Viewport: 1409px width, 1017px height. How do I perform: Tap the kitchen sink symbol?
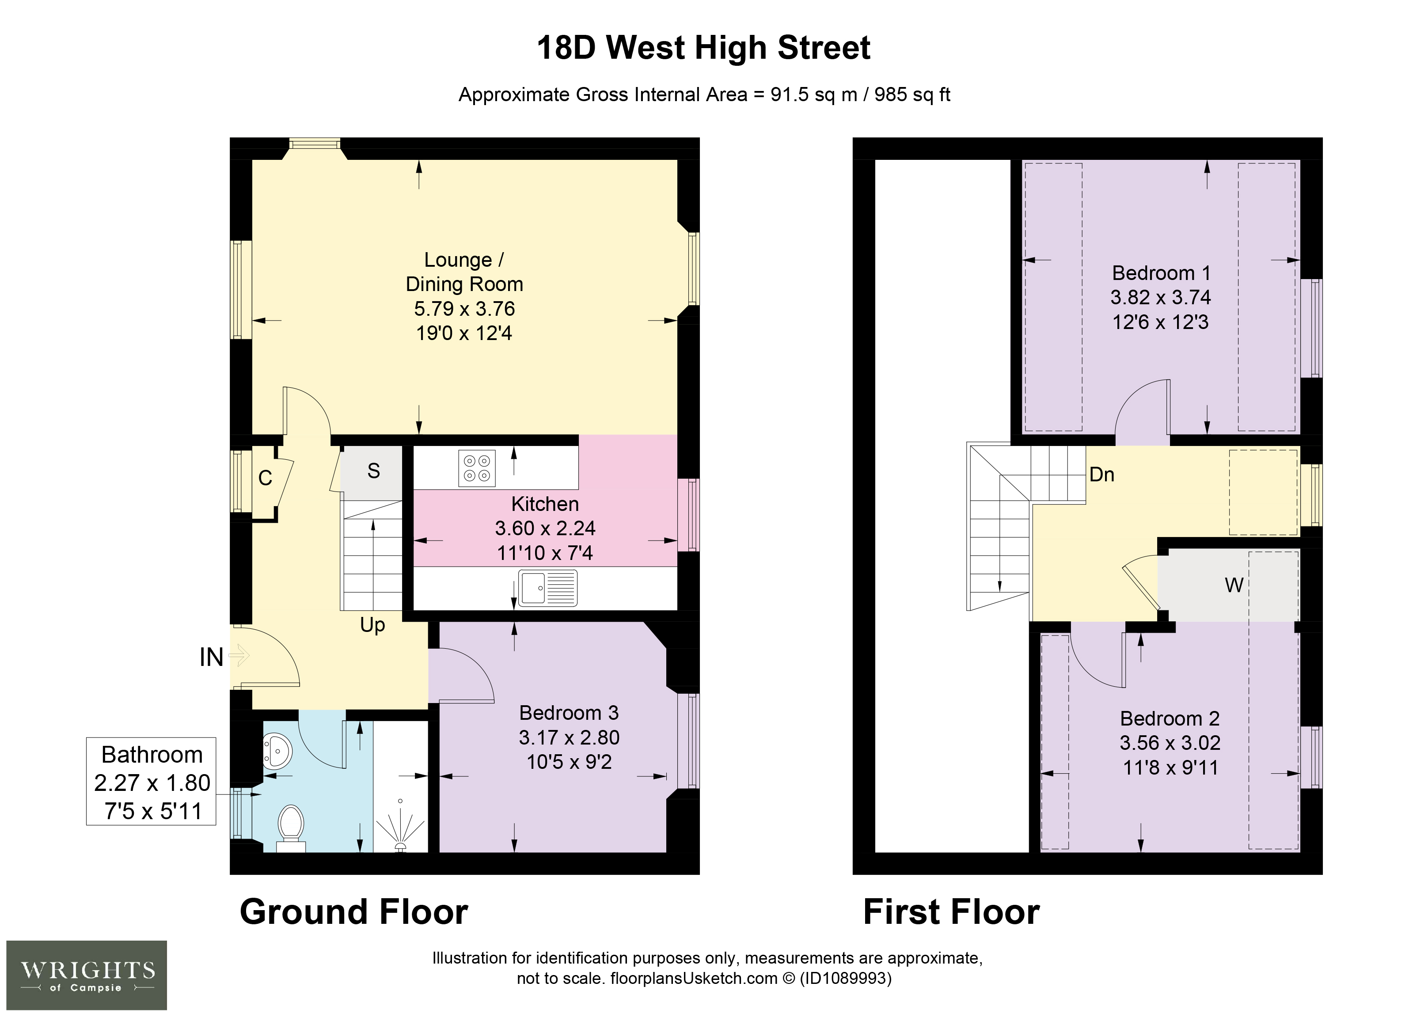pyautogui.click(x=547, y=587)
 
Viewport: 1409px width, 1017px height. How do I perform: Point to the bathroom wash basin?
pyautogui.click(x=277, y=752)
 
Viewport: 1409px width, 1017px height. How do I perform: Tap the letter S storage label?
pyautogui.click(x=373, y=471)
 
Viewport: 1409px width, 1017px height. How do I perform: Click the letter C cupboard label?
pyautogui.click(x=265, y=478)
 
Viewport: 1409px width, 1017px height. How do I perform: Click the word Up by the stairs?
pyautogui.click(x=373, y=625)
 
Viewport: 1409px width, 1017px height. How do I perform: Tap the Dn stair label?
pyautogui.click(x=1102, y=475)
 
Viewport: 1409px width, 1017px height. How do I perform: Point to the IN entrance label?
pyautogui.click(x=211, y=657)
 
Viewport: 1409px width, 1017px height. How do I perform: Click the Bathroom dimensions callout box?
pyautogui.click(x=151, y=781)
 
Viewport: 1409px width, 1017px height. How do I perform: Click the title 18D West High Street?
pyautogui.click(x=704, y=48)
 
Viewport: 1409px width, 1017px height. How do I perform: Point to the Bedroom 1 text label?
pyautogui.click(x=1161, y=273)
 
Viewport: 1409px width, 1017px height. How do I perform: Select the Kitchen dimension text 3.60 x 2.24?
pyautogui.click(x=545, y=528)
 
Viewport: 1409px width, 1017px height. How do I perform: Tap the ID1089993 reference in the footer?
pyautogui.click(x=846, y=979)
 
